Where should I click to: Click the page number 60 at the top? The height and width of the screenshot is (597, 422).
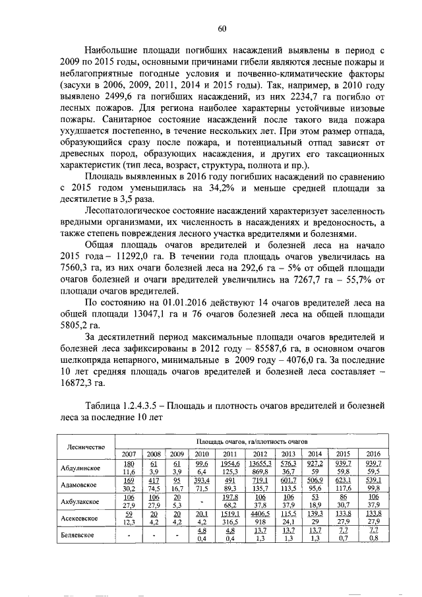coord(222,27)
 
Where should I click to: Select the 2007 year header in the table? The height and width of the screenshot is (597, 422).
coord(129,454)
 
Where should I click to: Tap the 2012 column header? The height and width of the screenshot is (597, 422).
coord(260,454)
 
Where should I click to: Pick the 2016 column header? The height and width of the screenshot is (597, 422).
coord(374,454)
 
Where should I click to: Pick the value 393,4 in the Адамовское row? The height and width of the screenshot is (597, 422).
coord(198,480)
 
